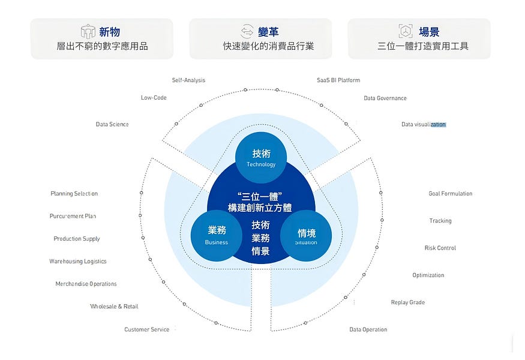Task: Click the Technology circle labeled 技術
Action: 260,158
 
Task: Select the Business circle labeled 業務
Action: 216,235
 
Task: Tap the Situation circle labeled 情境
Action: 306,236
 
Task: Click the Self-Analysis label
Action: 188,80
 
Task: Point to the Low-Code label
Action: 154,98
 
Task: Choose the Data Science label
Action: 112,124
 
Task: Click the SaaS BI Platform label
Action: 338,80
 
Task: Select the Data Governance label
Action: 385,98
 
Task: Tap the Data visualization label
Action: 424,124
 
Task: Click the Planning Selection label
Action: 74,194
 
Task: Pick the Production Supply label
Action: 77,239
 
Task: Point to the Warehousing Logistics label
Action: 78,262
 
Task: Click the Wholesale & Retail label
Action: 114,307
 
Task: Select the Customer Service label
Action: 147,329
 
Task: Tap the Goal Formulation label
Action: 451,194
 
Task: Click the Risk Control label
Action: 440,248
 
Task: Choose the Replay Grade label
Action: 408,302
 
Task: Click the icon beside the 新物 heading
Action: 88,32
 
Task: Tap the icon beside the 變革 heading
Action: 247,32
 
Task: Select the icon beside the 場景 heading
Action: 406,32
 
